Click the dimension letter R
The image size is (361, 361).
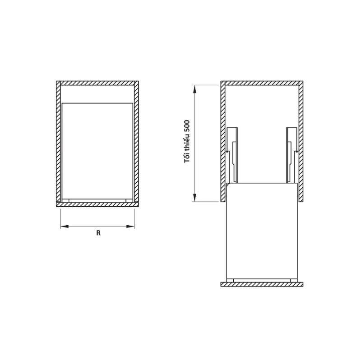pyautogui.click(x=98, y=233)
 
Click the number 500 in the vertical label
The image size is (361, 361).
pyautogui.click(x=187, y=126)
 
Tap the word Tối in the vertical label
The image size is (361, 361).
pyautogui.click(x=187, y=158)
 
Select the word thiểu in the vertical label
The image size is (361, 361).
pyautogui.click(x=187, y=143)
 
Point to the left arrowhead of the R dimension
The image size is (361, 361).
pyautogui.click(x=65, y=227)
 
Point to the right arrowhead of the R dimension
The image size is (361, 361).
pyautogui.click(x=130, y=227)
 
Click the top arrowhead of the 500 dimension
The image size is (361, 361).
pyautogui.click(x=195, y=89)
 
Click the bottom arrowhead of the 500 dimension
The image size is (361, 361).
pyautogui.click(x=195, y=198)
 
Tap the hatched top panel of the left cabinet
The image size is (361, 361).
pyautogui.click(x=97, y=83)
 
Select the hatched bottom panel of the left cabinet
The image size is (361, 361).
pyautogui.click(x=97, y=204)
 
